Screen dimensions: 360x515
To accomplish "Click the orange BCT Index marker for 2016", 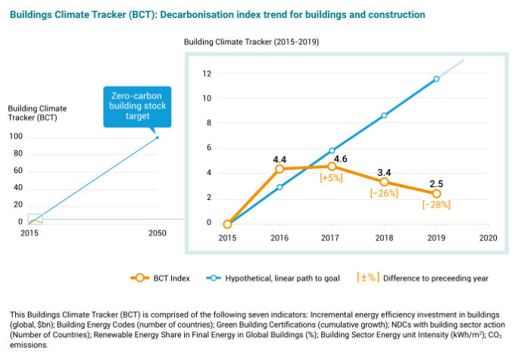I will click(279, 169).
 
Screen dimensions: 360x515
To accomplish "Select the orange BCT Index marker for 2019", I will click(436, 193).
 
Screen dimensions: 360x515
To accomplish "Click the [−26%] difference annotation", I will click(384, 193).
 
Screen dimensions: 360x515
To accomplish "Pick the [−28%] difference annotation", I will click(437, 205).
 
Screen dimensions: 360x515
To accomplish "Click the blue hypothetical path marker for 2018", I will click(384, 115).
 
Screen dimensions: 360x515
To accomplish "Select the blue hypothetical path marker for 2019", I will click(436, 79).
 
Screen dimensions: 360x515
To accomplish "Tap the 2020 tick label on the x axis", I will click(488, 238).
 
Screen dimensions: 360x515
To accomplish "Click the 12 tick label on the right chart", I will click(206, 74).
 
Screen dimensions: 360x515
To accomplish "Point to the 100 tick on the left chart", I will click(15, 137).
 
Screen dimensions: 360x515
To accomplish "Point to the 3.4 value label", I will click(385, 171).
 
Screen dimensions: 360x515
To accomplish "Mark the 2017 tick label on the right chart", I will click(332, 238).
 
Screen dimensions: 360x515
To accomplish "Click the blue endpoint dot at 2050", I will click(158, 137).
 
